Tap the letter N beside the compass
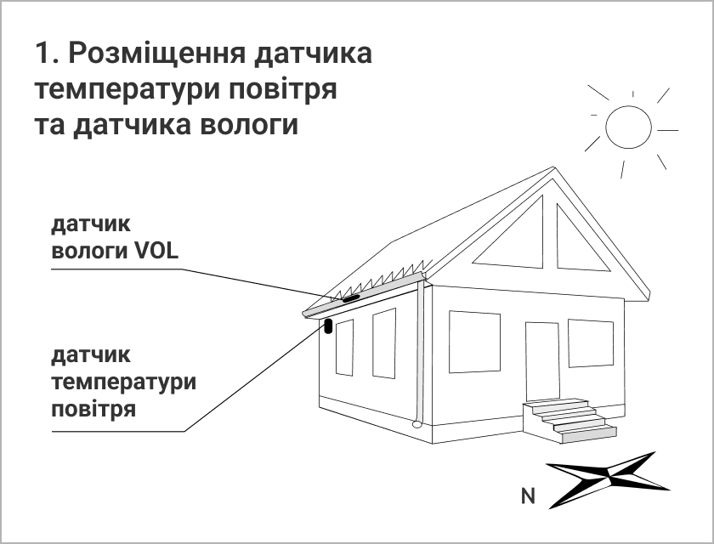pyautogui.click(x=528, y=496)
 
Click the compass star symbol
pyautogui.click(x=608, y=479)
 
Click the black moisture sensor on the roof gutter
pyautogui.click(x=349, y=298)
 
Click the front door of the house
pyautogui.click(x=542, y=361)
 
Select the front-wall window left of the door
pyautogui.click(x=474, y=342)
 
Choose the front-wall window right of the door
pyautogui.click(x=591, y=343)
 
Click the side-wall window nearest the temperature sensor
pyautogui.click(x=344, y=347)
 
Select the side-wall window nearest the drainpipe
pyautogui.click(x=384, y=343)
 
